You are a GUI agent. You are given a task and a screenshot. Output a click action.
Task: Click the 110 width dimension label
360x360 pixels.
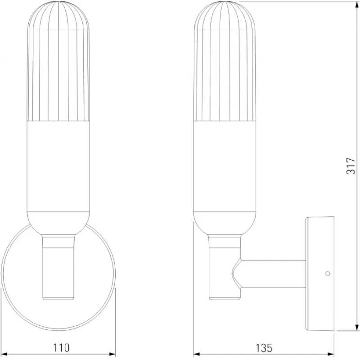pyautogui.click(x=61, y=347)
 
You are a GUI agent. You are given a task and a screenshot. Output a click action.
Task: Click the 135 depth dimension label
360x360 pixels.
pyautogui.click(x=264, y=348)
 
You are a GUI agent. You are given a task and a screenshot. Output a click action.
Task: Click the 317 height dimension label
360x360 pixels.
pyautogui.click(x=351, y=166)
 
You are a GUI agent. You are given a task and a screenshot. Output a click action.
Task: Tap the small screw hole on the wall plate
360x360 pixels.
pyautogui.click(x=328, y=274)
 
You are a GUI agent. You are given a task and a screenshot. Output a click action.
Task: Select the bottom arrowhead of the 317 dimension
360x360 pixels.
pyautogui.click(x=357, y=328)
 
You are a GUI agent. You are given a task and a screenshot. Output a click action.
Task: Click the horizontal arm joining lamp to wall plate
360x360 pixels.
pyautogui.click(x=273, y=274)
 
